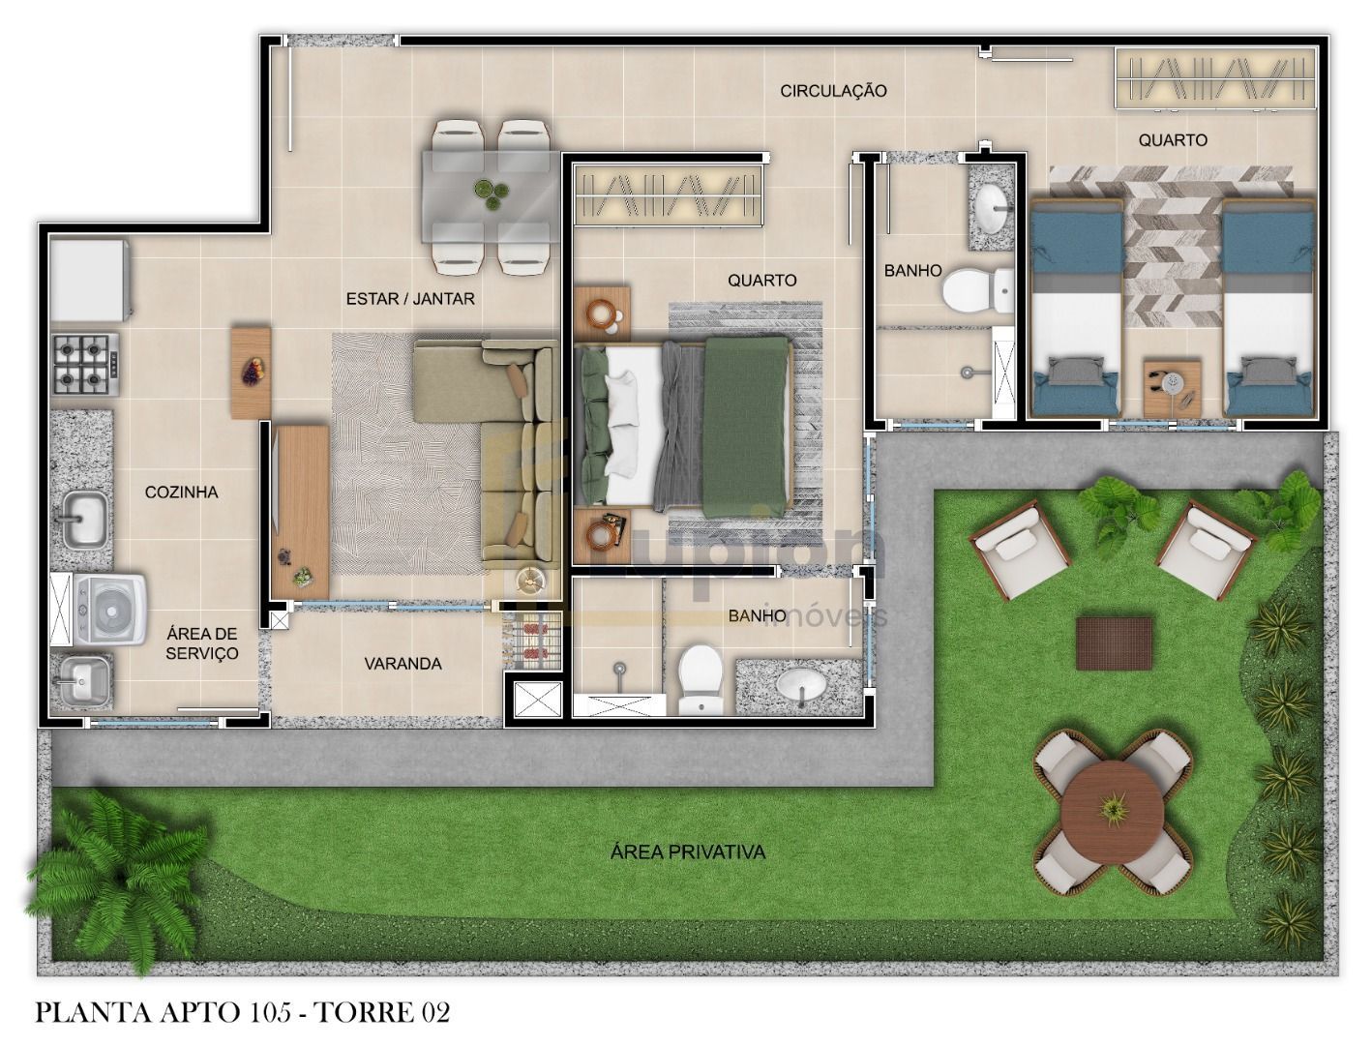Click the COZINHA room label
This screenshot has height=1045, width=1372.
click(181, 493)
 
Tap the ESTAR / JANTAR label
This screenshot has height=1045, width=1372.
click(410, 299)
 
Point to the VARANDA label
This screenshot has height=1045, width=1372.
click(403, 664)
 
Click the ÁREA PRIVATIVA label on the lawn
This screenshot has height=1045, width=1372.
click(688, 852)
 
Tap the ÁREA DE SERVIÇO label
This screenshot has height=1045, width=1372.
click(201, 643)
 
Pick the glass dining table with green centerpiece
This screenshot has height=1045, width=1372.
click(492, 196)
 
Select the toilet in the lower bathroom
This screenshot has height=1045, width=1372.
click(700, 678)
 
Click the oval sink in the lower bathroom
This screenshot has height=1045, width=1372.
click(801, 685)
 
